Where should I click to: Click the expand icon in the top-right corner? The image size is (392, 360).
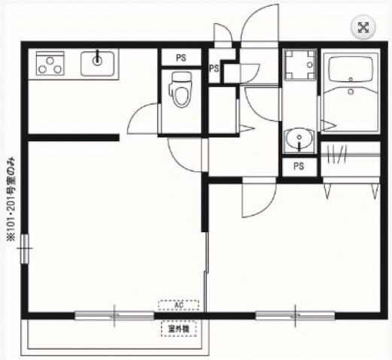coord(363,27)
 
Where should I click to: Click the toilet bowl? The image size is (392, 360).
coord(180,92)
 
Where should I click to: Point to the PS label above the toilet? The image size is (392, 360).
coord(181,56)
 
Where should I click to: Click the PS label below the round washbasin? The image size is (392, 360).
coord(299,166)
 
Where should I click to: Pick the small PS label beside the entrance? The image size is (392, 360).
coord(214,69)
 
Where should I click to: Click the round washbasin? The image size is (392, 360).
coord(299,140)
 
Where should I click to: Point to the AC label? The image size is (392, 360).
coord(178,305)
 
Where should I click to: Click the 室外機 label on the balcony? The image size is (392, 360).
coord(178,328)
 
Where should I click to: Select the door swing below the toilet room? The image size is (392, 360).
coord(183,154)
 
